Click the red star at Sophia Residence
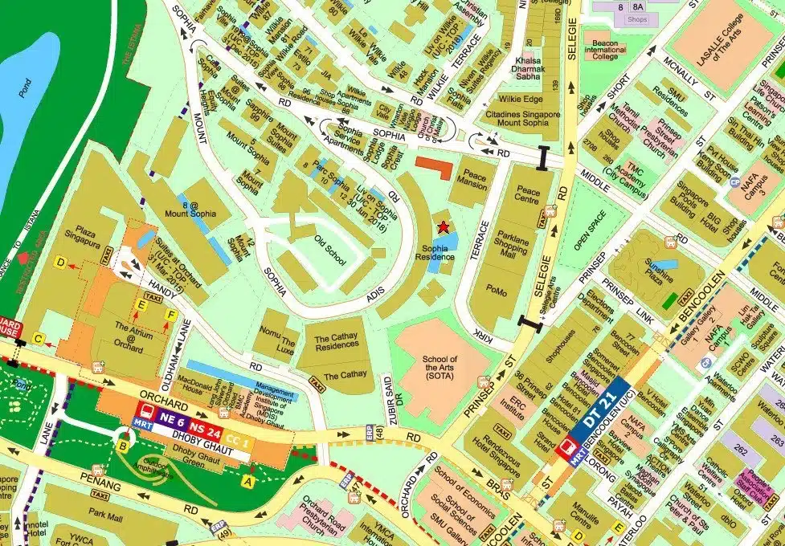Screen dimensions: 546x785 (x=442, y=227)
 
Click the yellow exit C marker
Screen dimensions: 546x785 (x=38, y=339)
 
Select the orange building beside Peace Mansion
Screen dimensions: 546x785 (x=433, y=164)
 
